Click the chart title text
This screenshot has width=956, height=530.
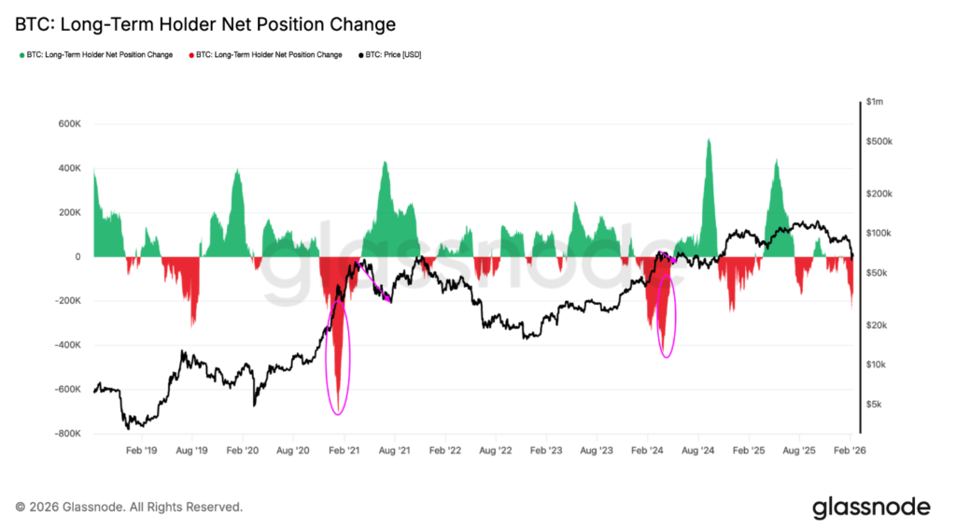pos(205,24)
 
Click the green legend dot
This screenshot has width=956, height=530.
pos(21,55)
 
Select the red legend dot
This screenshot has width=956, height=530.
pos(191,55)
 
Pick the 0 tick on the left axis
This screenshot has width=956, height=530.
pos(77,257)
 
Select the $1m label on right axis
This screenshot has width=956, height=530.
pos(878,101)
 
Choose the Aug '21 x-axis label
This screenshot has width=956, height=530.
pos(394,450)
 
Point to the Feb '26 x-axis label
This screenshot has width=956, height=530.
pos(850,450)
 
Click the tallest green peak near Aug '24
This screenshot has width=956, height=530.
pos(709,142)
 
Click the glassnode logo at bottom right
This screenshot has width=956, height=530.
pos(870,508)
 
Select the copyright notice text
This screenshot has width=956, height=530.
pos(130,508)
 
